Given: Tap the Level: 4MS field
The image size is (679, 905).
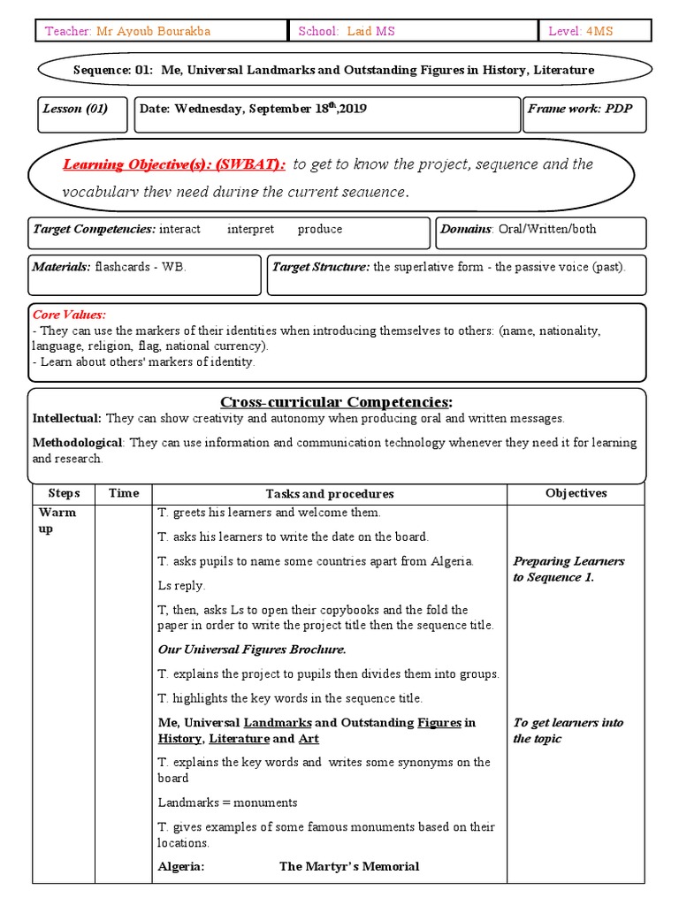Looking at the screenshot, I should pos(580,31).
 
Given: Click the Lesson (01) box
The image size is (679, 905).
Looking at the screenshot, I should pos(75,110).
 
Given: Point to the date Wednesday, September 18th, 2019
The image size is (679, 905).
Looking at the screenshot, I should pos(253,110).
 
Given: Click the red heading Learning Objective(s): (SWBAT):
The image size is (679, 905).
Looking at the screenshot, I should pos(174,164).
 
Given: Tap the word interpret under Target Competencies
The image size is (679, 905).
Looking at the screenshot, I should pos(250,229).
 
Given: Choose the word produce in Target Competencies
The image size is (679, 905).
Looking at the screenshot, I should pos(319,229).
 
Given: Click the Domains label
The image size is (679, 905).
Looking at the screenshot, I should pos(466,229).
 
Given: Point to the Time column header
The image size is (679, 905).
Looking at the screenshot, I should pos(124,493).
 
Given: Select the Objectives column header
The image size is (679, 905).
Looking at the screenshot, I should pos(576,493).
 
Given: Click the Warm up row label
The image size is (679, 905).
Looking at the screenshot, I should pos(57,520).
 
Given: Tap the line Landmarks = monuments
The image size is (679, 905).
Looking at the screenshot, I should pos(227,802).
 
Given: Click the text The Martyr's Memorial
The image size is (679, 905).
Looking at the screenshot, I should pos(349,866).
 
